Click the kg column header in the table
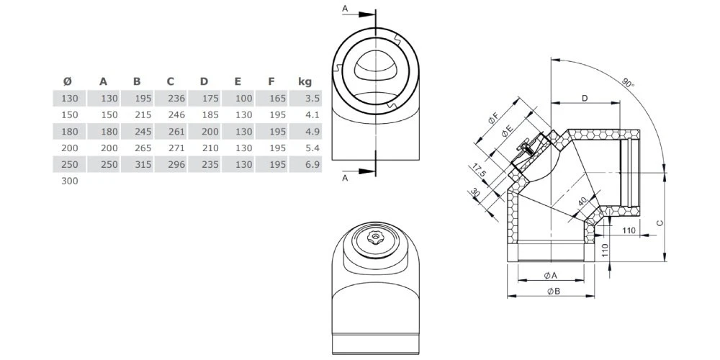point(304,81)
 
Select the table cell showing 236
point(176,98)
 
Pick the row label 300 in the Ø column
point(69,181)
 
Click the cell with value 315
point(142,165)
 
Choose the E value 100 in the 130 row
point(243,98)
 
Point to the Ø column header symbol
point(67,81)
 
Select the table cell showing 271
point(176,148)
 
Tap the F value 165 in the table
point(276,98)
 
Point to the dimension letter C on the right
point(661,223)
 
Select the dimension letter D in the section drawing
point(585,97)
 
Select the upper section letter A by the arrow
point(345,8)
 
